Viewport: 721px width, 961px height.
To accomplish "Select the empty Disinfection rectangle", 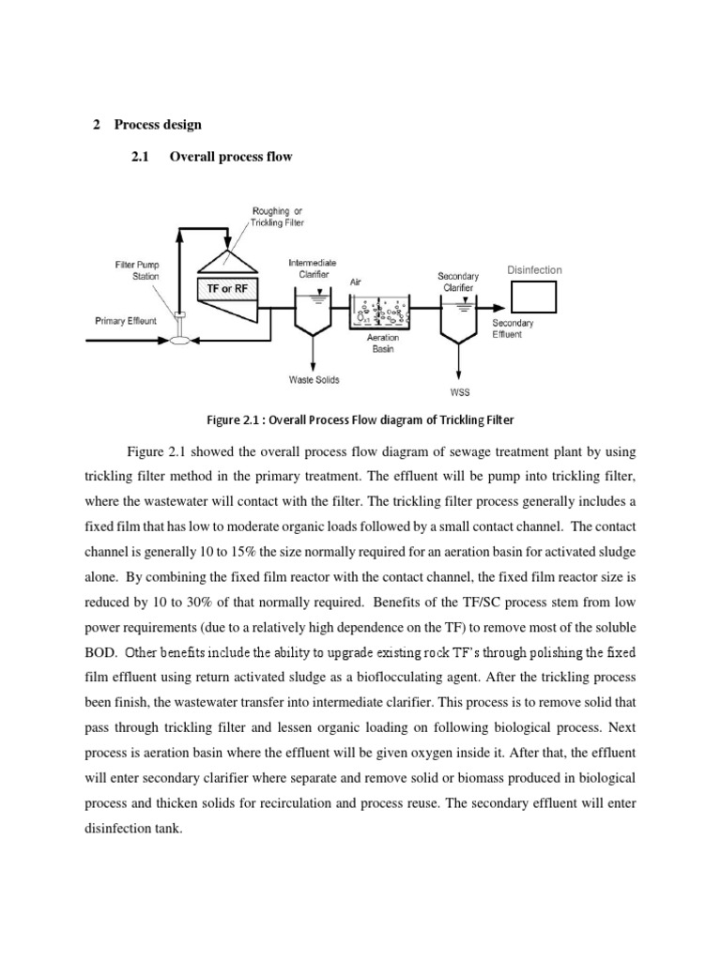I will point(533,297).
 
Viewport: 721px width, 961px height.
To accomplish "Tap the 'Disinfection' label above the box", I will point(534,270).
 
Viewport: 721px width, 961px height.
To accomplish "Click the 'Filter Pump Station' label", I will point(137,270).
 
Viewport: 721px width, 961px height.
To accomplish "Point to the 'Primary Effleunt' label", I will point(127,321).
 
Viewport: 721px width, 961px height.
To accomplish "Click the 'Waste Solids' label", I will point(314,380).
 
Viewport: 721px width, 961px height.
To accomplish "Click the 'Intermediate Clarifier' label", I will point(313,268).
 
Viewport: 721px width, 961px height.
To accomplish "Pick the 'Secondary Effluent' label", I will point(513,328).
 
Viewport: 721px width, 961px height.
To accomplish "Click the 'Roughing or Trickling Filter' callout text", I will point(276,216).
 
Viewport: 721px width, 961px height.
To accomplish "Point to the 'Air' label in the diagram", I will point(355,281).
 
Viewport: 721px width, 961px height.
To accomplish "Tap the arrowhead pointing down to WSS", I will point(459,372).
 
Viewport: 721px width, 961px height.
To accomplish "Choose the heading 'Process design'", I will point(158,124).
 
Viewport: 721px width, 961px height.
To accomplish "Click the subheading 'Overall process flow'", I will point(230,157).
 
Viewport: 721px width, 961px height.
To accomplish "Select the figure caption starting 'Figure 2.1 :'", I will point(360,419).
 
